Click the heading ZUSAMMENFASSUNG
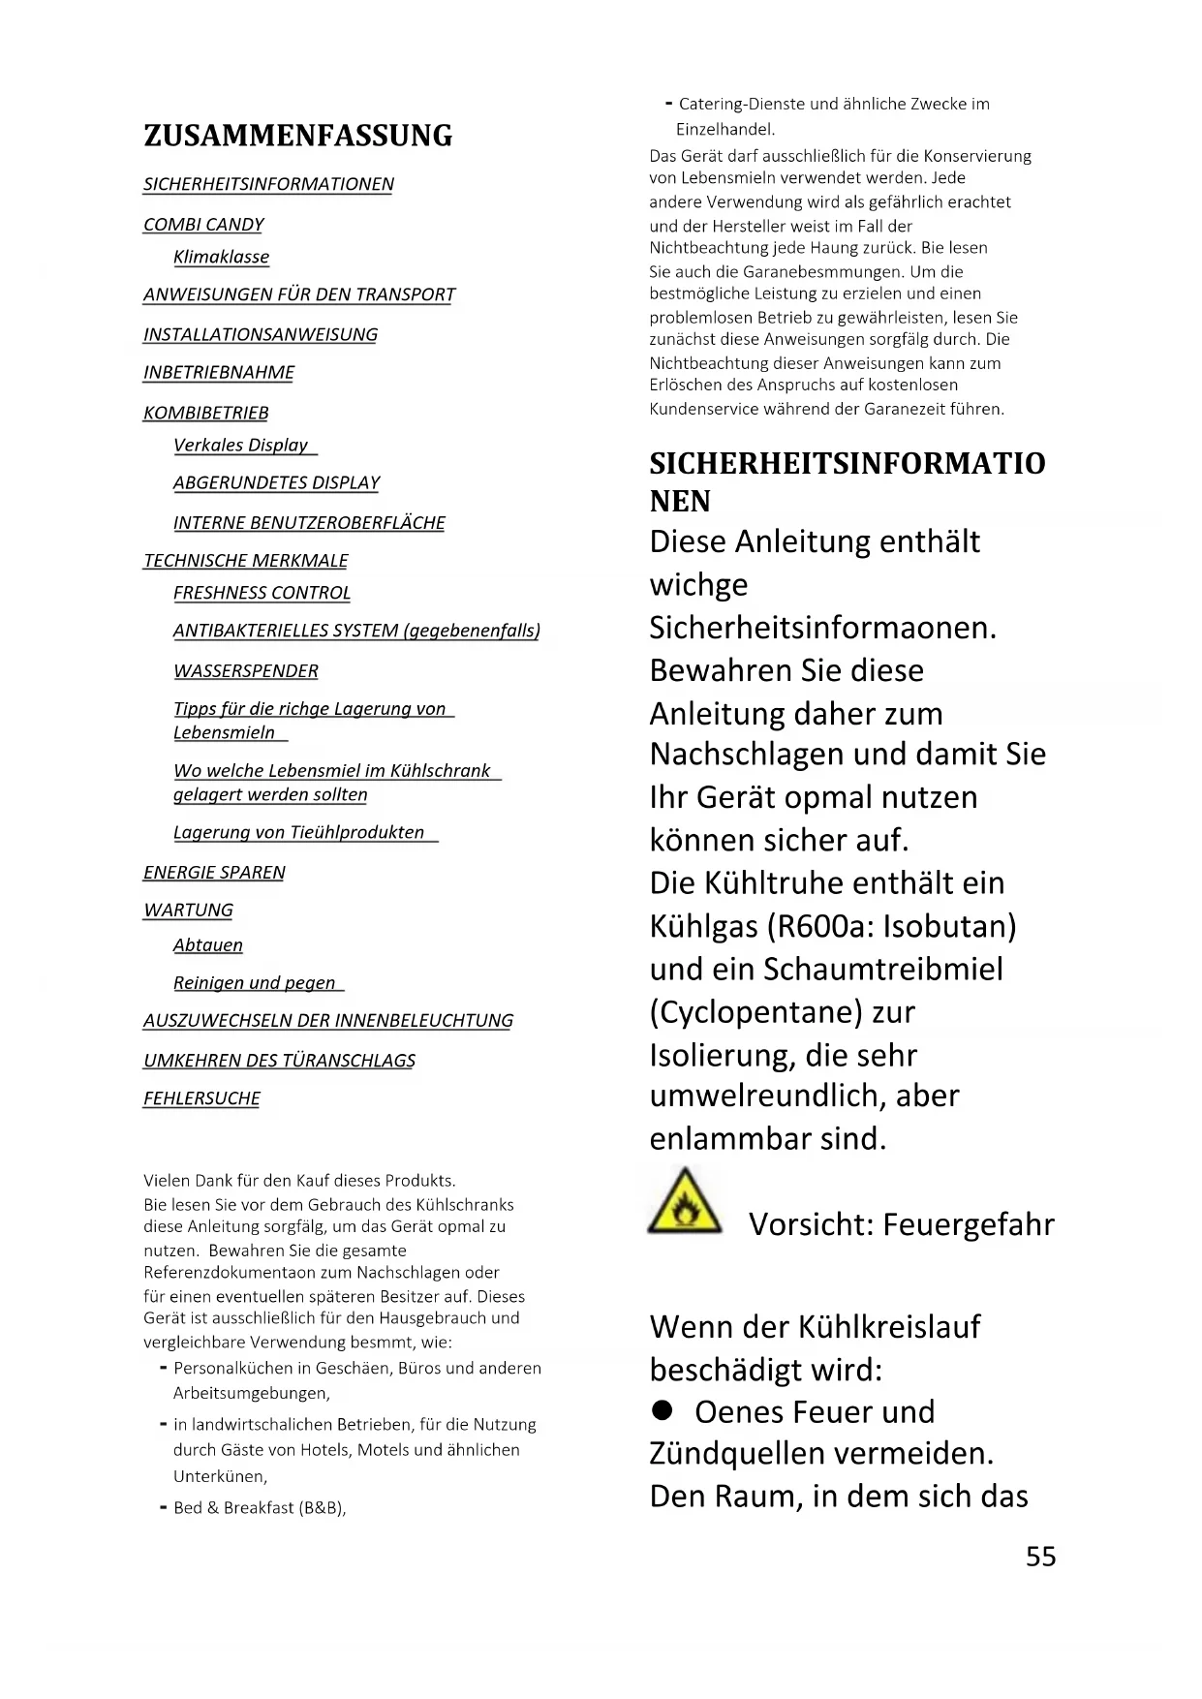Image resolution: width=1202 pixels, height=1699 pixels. click(297, 136)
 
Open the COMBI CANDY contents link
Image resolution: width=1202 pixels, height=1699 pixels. click(203, 225)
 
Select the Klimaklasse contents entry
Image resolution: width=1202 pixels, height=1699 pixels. click(221, 257)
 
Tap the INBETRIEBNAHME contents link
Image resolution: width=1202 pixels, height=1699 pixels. click(219, 372)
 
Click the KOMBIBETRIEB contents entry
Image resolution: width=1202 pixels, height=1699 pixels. click(206, 413)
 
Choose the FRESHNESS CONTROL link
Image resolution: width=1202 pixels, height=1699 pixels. click(262, 593)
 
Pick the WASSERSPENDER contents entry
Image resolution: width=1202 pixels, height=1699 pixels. click(246, 671)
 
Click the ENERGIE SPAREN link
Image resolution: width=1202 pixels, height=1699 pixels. click(214, 873)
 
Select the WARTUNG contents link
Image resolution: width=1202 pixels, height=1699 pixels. click(188, 911)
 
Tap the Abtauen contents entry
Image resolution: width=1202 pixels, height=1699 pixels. click(208, 945)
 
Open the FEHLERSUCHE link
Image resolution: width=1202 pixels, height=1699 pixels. click(201, 1098)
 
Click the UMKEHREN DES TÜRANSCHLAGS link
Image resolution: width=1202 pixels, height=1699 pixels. click(279, 1061)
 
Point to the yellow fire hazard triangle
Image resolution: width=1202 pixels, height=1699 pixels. click(685, 1203)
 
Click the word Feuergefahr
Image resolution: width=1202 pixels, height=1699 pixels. click(969, 1224)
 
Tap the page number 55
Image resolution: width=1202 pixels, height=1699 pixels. click(1040, 1556)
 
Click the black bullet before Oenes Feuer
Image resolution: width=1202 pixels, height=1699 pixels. click(662, 1411)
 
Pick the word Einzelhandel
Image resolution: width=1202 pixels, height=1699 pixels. click(725, 129)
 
